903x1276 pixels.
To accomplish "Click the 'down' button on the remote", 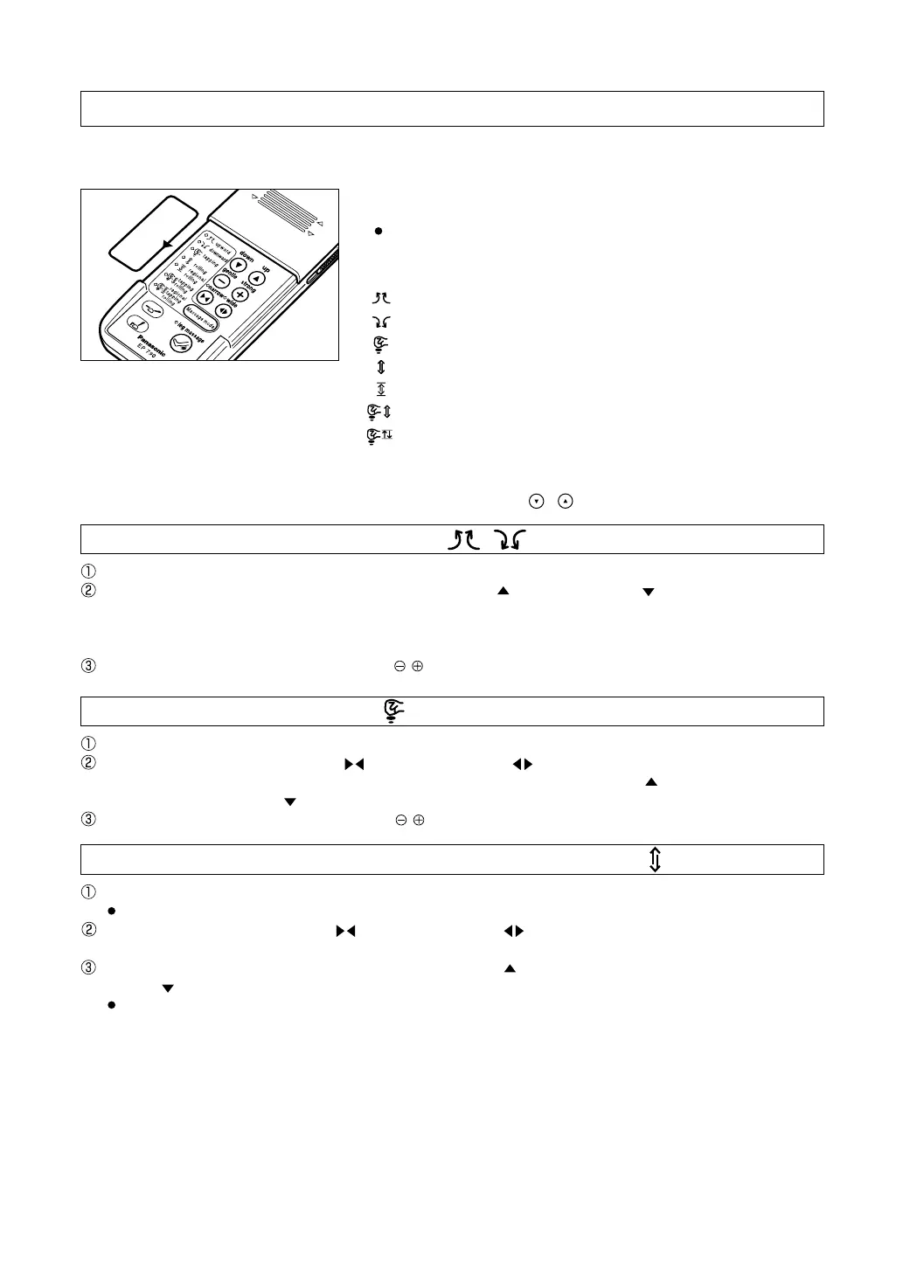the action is click(238, 265).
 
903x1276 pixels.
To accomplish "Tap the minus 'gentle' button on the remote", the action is click(221, 281).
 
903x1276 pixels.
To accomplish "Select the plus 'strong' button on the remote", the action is click(240, 295).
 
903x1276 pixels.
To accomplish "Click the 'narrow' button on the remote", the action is click(205, 297).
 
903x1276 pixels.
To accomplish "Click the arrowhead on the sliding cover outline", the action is click(167, 245).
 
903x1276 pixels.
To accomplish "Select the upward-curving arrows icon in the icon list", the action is click(381, 299).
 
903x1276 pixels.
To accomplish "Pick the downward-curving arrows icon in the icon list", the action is click(381, 322).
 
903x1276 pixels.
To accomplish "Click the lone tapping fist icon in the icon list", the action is click(381, 343).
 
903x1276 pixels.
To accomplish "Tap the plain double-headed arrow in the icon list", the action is click(381, 367).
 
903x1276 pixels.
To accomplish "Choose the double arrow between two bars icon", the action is click(381, 389).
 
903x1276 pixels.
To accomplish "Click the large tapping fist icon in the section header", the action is click(392, 711).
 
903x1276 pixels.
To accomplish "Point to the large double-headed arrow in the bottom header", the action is click(655, 859).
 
